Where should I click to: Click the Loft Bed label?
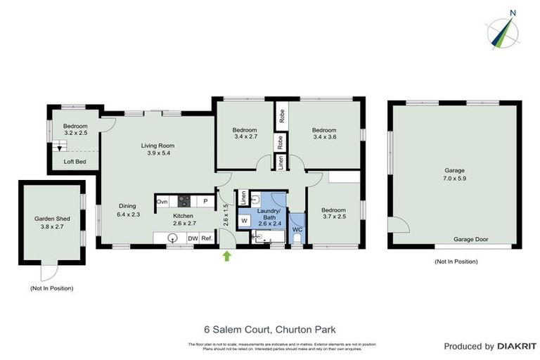tap(75, 161)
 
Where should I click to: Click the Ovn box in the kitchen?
tap(162, 201)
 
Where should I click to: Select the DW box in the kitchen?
tap(193, 239)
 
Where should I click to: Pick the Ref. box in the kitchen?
tap(207, 239)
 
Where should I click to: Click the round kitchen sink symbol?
tap(172, 238)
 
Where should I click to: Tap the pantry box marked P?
tap(205, 201)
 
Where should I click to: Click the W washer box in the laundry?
tap(245, 221)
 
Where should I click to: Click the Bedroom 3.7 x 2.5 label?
tap(334, 214)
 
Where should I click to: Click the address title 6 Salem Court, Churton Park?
tap(270, 328)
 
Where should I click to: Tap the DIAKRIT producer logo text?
tap(517, 347)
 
